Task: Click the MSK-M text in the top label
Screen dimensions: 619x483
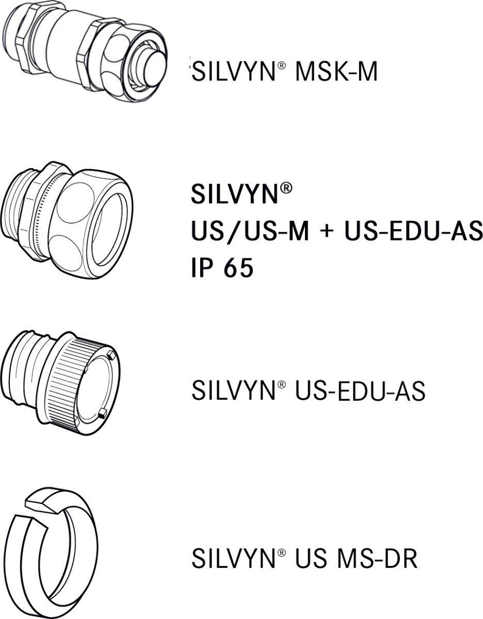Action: tap(335, 72)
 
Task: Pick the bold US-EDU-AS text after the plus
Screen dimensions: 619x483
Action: tap(413, 232)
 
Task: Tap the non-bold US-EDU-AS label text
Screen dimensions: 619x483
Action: tap(360, 391)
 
